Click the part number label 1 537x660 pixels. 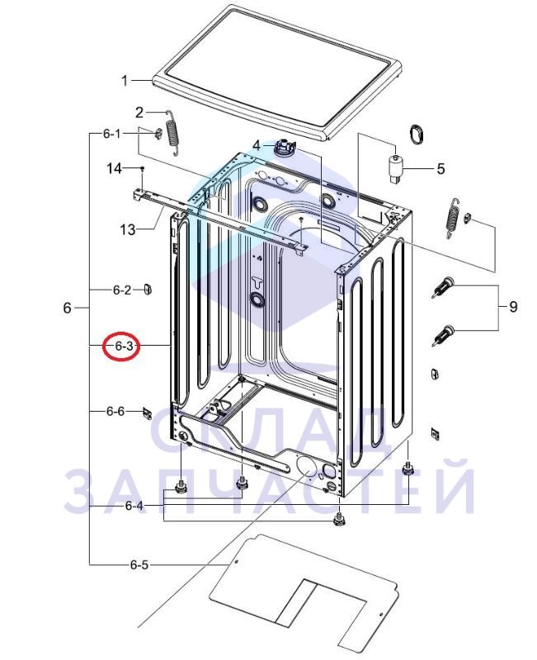pos(125,80)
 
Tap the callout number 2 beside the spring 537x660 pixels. pos(139,112)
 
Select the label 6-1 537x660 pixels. pos(111,134)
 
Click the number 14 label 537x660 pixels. pos(115,169)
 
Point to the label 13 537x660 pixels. pos(128,230)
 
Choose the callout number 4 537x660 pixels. pos(257,146)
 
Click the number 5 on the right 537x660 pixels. pos(440,169)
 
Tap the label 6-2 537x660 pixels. pos(122,290)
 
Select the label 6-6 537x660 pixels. pos(115,411)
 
